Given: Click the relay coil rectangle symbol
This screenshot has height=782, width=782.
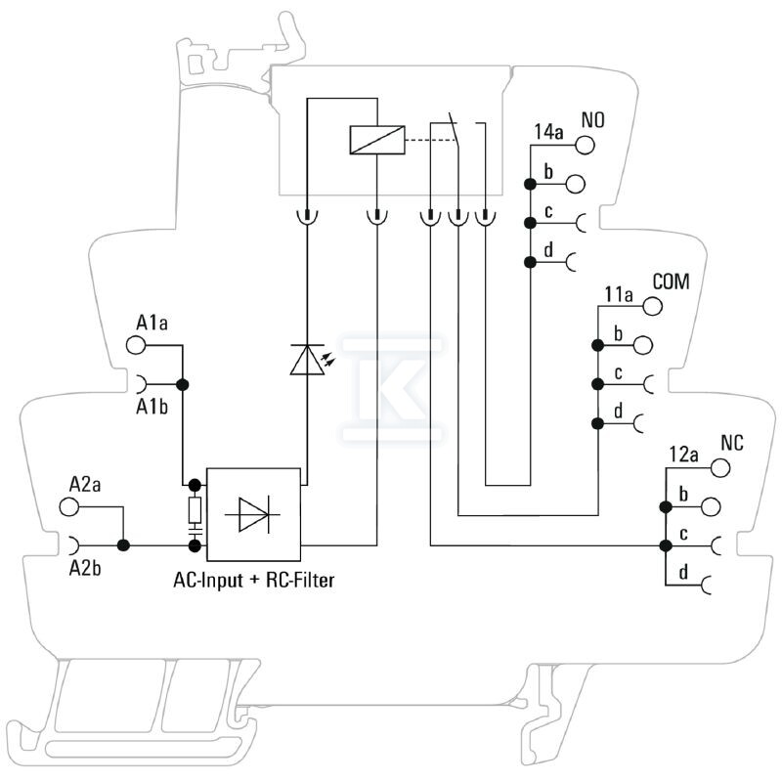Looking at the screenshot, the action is coord(377,140).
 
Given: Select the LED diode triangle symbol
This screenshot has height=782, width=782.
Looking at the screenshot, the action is coord(307,359).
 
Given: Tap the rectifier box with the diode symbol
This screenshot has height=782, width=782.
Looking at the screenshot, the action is coord(253,515).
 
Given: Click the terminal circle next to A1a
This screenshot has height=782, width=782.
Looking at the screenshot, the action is coord(136,345).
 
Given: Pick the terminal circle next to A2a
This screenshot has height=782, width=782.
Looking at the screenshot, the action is coord(68,506).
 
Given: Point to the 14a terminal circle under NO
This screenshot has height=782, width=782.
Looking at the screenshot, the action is coord(585,145).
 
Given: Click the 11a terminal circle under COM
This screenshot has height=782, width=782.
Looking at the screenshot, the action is coord(652,306).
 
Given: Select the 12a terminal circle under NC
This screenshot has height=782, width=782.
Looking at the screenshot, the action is coord(720,468).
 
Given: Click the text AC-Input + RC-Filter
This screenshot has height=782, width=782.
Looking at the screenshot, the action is coord(254,580).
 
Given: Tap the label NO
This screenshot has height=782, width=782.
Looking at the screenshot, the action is coord(593,120).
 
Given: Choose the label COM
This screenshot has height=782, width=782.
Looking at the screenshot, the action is coord(672,282).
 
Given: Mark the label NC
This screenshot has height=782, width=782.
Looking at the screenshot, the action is coord(732,443).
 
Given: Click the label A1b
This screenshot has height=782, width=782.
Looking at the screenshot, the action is coord(152,407).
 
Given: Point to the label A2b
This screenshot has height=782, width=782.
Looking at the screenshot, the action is coord(85,568).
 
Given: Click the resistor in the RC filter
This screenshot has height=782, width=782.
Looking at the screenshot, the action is coord(195,509).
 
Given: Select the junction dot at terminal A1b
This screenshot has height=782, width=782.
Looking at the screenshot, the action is coord(183,384).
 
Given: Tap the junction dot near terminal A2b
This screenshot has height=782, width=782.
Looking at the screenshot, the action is coord(123,545).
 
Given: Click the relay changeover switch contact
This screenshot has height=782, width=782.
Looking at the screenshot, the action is coord(456,131).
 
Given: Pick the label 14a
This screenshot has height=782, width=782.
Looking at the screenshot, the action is coord(548,132).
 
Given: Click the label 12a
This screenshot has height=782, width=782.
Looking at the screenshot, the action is coord(683,455).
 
